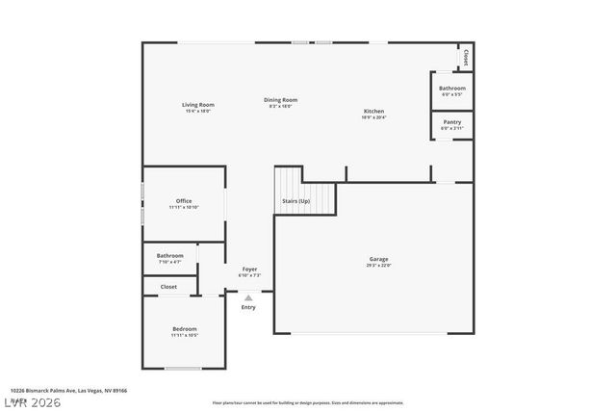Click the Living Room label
[198, 105]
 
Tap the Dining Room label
[281, 100]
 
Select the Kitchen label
[373, 112]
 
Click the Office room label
[183, 201]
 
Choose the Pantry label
[451, 122]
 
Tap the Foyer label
[249, 270]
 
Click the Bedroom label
[184, 329]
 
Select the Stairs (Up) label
[295, 201]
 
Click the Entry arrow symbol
[248, 298]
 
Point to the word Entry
[248, 307]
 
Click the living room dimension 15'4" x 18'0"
[198, 111]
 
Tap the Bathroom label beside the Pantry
[451, 89]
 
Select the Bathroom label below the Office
[169, 256]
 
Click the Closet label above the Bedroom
[168, 287]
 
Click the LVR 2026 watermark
[31, 401]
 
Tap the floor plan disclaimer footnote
[308, 402]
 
